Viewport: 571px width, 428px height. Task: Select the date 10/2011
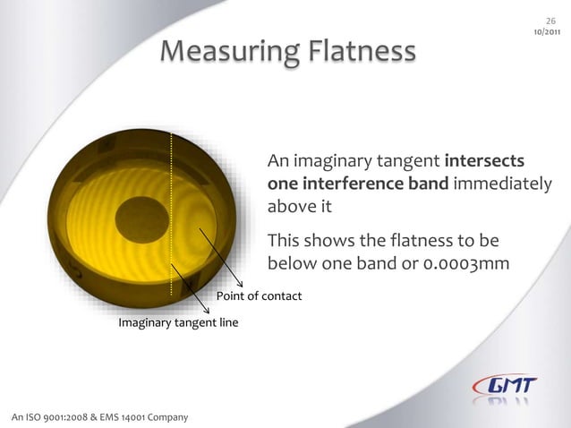coord(548,32)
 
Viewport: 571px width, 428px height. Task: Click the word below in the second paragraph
coord(289,264)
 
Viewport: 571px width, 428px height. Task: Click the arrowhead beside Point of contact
coord(239,285)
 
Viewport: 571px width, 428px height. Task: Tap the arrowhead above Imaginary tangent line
coord(207,309)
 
